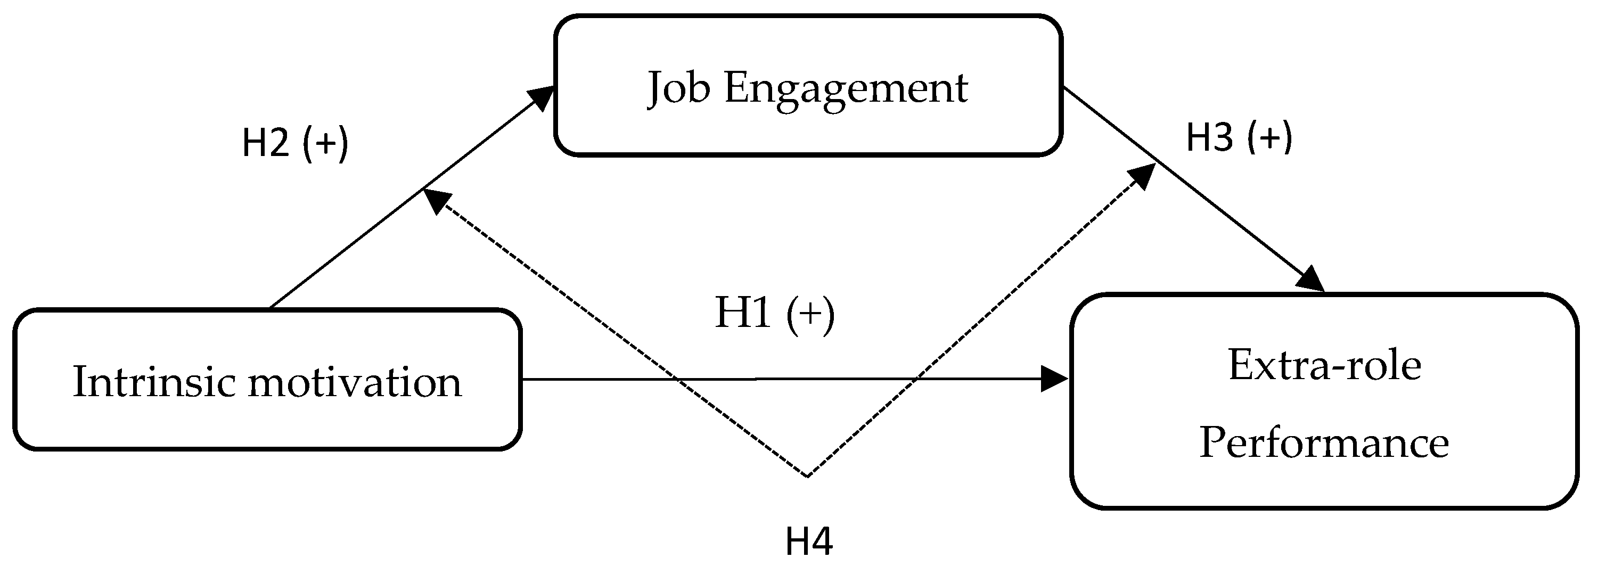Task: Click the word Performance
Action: (x=1324, y=443)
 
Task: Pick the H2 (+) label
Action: (x=294, y=143)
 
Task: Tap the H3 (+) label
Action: (x=1239, y=138)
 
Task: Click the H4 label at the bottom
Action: (x=809, y=541)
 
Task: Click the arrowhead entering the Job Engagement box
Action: (x=541, y=99)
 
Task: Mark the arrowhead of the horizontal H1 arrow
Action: (x=1054, y=379)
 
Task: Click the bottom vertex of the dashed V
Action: (x=807, y=476)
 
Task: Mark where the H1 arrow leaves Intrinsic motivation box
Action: (x=522, y=379)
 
